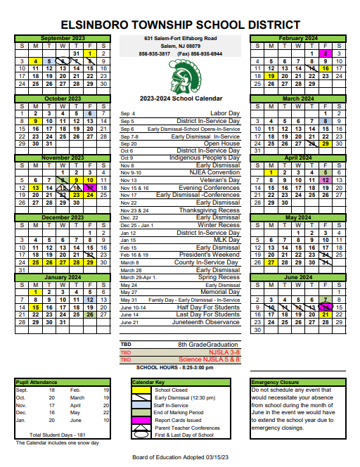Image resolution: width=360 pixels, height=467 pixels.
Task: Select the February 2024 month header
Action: coord(298,38)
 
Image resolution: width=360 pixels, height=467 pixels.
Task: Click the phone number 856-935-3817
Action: coord(154,54)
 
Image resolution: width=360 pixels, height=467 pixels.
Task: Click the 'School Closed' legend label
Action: coord(171,390)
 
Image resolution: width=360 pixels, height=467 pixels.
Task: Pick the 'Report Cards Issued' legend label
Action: coord(179,420)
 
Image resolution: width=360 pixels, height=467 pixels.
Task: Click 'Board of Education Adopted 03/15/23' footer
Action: coord(180,458)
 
